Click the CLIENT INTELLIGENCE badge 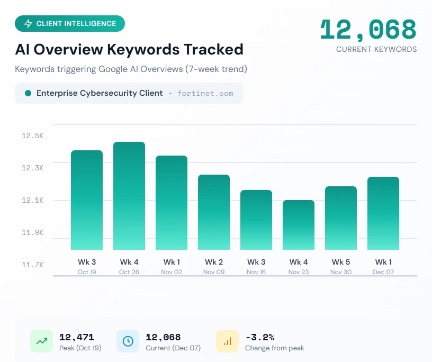[70, 24]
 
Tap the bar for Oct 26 [129, 196]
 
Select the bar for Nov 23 [299, 225]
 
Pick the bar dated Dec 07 [383, 213]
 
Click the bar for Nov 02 [172, 203]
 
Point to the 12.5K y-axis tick [33, 135]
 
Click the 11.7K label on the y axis [33, 265]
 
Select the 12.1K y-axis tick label [33, 200]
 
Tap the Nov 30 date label [341, 272]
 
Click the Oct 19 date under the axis [87, 272]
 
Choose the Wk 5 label [341, 262]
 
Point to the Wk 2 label [214, 262]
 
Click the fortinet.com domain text [205, 93]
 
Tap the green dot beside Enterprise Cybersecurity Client [28, 93]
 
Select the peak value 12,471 [76, 337]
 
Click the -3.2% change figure [260, 337]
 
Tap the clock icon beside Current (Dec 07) [128, 341]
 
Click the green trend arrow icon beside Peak [41, 341]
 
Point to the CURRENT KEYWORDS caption [376, 49]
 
